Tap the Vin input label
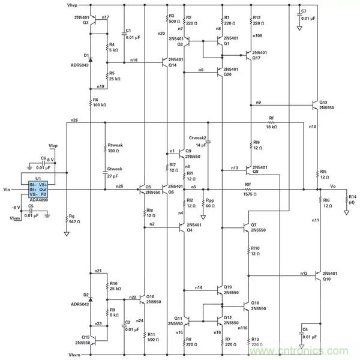click(x=7, y=190)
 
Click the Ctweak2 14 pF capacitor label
click(x=197, y=142)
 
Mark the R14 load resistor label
click(x=352, y=200)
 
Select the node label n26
click(x=74, y=121)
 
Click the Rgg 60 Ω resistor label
click(x=209, y=203)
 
